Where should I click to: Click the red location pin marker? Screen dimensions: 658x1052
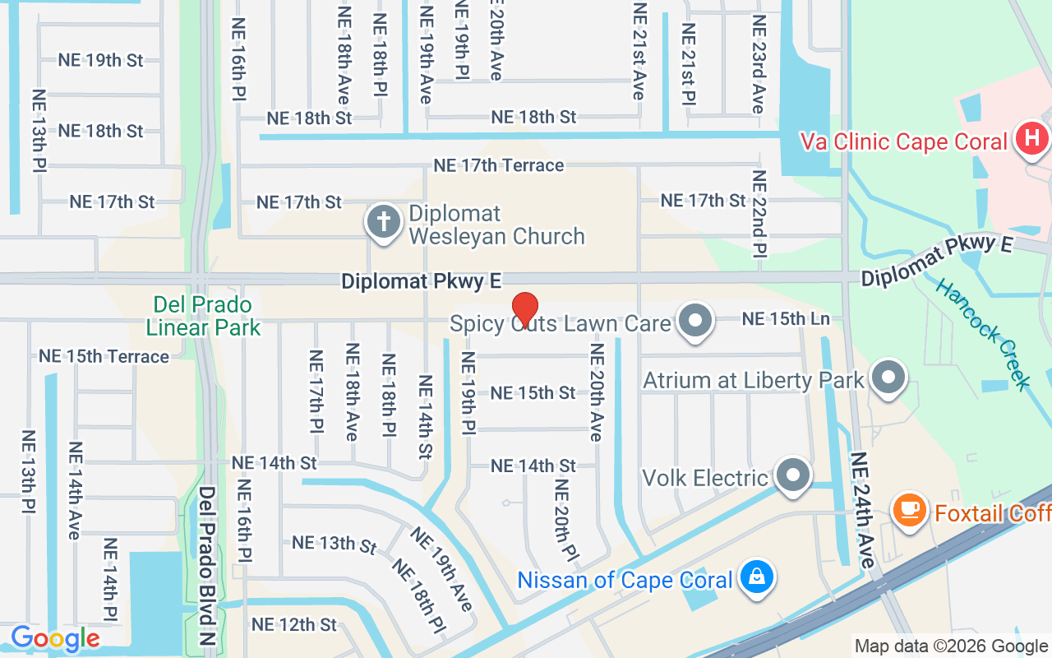pyautogui.click(x=524, y=310)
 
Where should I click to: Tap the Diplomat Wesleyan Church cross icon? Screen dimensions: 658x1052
pyautogui.click(x=382, y=221)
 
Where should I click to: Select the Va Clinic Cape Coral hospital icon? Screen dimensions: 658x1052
pyautogui.click(x=1031, y=141)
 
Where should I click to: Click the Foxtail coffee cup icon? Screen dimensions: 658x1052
pyautogui.click(x=910, y=511)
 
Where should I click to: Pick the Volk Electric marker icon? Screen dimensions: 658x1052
pyautogui.click(x=793, y=475)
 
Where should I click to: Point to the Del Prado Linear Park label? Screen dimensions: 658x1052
pyautogui.click(x=203, y=317)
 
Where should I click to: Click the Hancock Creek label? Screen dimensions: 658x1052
pyautogui.click(x=983, y=334)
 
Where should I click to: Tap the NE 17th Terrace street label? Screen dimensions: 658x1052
pyautogui.click(x=499, y=165)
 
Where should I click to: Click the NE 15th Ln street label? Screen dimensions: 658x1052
pyautogui.click(x=786, y=318)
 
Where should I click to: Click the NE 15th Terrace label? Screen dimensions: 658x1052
pyautogui.click(x=104, y=356)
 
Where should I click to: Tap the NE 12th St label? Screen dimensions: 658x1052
pyautogui.click(x=294, y=624)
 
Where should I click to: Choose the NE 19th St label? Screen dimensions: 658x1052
pyautogui.click(x=100, y=60)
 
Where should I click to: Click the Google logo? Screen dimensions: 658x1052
pyautogui.click(x=55, y=638)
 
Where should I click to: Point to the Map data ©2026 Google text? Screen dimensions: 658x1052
pyautogui.click(x=952, y=646)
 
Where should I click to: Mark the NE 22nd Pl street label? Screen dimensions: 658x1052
pyautogui.click(x=759, y=213)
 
